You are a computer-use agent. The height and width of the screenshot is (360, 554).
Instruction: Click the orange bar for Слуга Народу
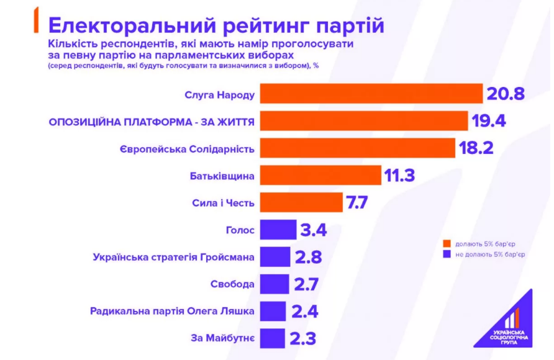tap(371, 94)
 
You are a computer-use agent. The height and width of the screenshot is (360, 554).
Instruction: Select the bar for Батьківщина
tap(320, 175)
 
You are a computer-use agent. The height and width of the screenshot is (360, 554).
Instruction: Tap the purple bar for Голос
tap(278, 230)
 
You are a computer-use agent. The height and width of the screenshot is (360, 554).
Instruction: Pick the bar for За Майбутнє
tap(273, 338)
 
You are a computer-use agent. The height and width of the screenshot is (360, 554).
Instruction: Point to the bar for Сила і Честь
tap(301, 202)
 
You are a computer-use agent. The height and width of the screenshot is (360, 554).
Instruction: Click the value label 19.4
tap(489, 120)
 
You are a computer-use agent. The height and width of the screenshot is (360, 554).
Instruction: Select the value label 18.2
tap(476, 148)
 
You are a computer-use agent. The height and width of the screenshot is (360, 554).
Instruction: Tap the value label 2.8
tap(308, 257)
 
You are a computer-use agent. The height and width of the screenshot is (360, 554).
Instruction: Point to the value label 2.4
tap(304, 312)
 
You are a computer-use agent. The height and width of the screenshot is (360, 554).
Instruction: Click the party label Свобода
tap(232, 284)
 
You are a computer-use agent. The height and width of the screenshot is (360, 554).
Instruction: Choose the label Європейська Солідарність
tap(187, 150)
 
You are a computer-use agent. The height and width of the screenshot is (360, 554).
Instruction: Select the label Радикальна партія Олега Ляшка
tap(172, 312)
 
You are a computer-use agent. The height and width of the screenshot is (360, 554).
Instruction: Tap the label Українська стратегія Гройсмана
tap(173, 258)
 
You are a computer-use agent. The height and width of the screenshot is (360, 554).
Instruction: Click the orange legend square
tap(447, 243)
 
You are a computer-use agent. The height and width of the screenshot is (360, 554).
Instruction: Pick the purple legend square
tap(447, 254)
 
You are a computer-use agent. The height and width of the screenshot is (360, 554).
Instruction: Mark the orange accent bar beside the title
tap(36, 20)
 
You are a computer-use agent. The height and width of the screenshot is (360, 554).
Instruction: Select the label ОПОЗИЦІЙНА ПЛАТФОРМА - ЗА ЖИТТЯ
tap(152, 122)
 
